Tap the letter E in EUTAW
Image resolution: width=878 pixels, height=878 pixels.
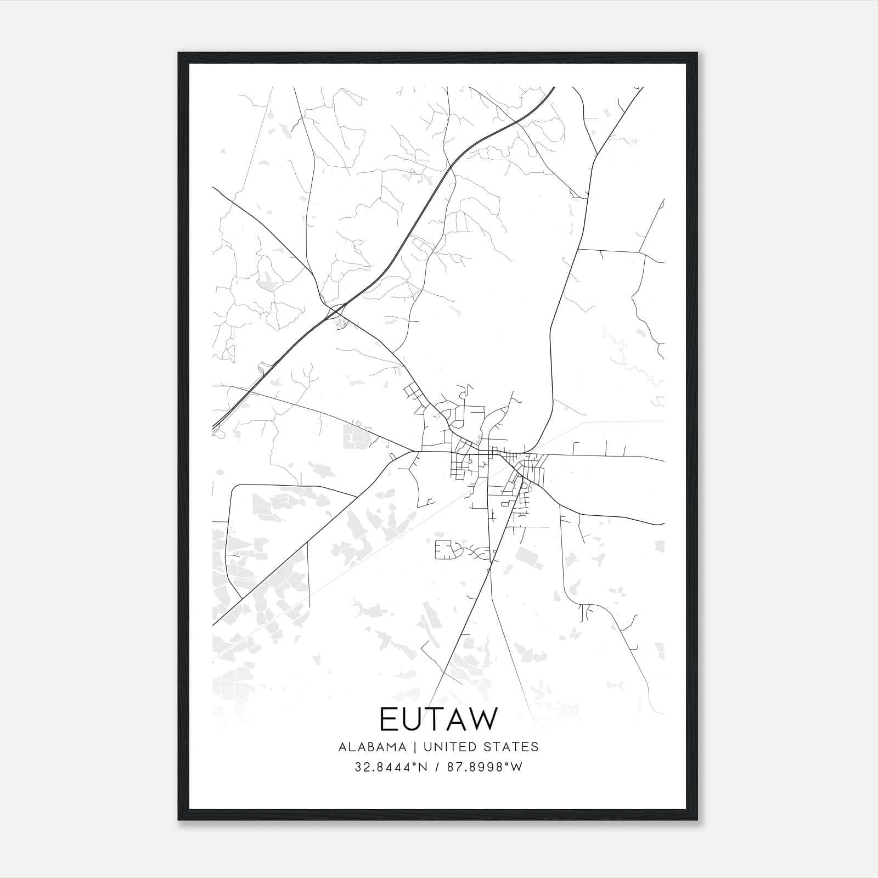click(387, 719)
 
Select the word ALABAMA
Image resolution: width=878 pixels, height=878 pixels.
click(373, 747)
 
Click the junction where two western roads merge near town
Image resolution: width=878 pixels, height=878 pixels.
click(413, 452)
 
